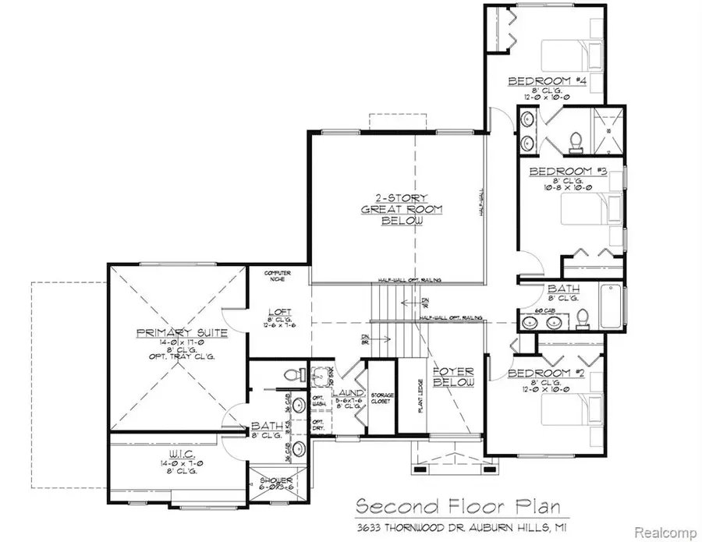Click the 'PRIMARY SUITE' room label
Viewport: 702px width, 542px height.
point(170,333)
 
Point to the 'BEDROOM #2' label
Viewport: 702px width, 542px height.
point(546,374)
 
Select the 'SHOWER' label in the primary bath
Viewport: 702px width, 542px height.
point(277,480)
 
